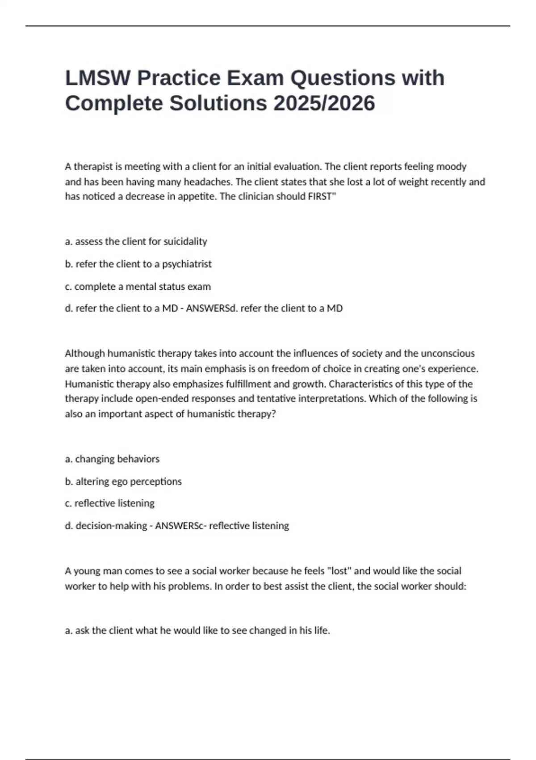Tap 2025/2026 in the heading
point(324,104)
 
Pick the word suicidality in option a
point(185,241)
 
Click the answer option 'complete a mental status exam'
point(138,287)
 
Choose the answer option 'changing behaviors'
point(112,459)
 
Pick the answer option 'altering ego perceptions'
point(123,481)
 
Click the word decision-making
point(111,526)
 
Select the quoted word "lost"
point(339,571)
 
